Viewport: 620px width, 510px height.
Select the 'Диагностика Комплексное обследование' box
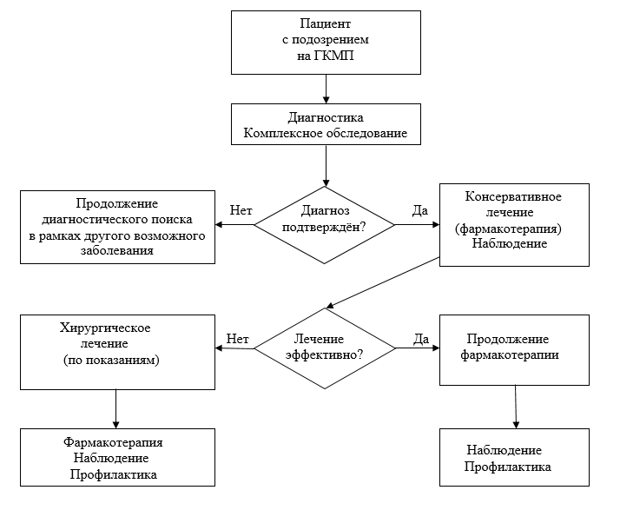[326, 125]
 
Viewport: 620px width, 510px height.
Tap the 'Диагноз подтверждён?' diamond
[326, 224]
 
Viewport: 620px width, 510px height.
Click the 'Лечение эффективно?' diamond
[326, 348]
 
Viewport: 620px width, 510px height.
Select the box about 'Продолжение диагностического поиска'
[117, 228]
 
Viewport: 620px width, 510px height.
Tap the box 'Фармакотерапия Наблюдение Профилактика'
[117, 459]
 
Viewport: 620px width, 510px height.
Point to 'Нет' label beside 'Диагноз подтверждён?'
[241, 211]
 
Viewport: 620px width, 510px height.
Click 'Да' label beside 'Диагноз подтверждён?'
[419, 211]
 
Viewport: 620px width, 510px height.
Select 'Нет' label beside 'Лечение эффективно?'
[237, 339]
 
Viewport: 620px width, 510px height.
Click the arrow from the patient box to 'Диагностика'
[326, 89]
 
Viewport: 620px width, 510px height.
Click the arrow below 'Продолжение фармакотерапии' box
[518, 406]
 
